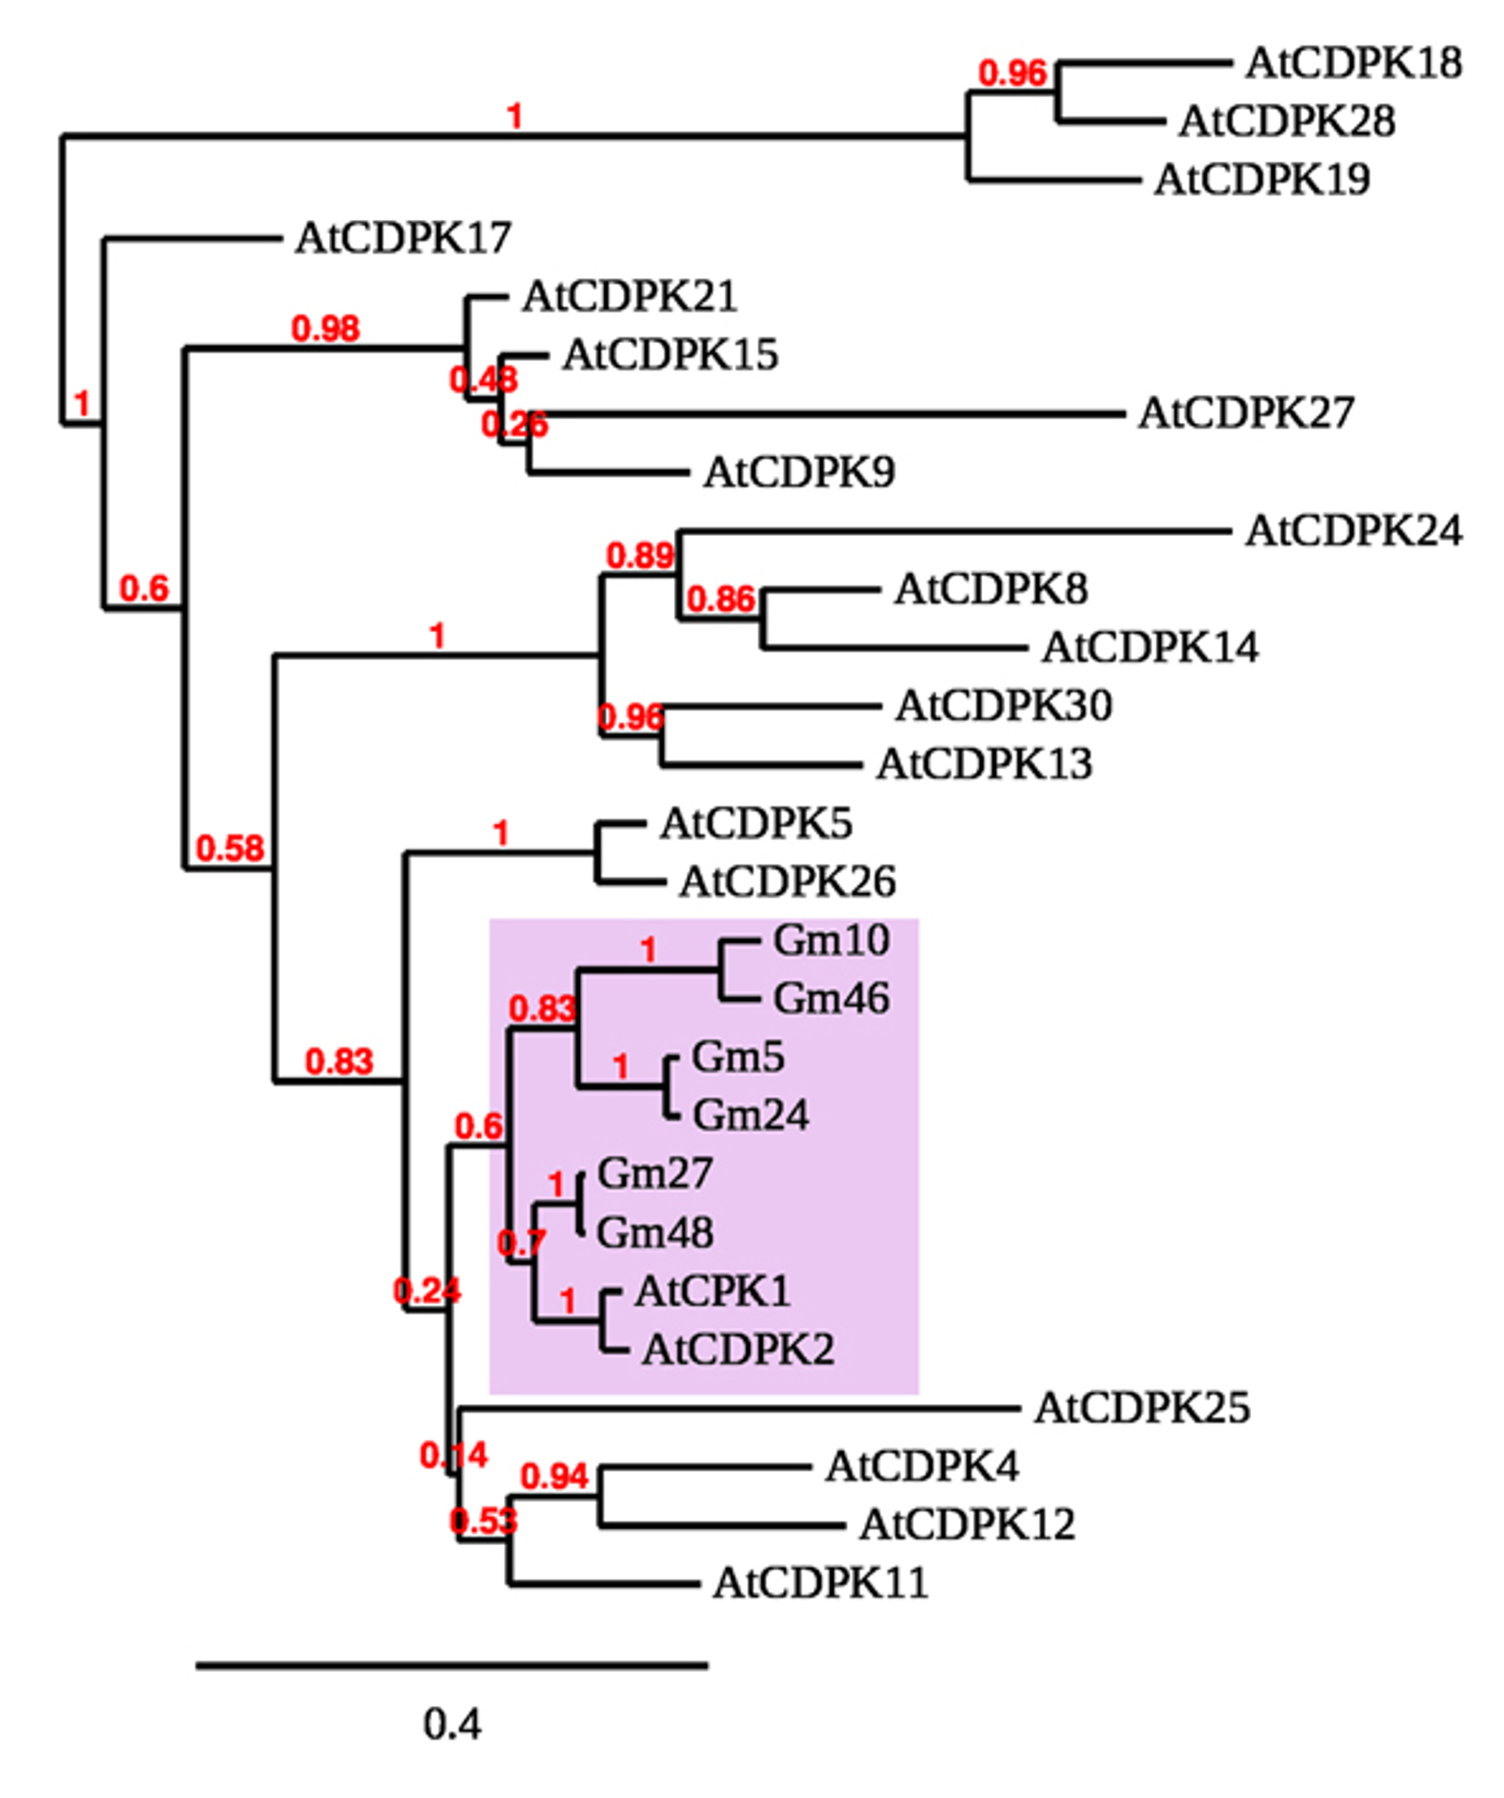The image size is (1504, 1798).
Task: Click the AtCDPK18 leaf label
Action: pos(1353,63)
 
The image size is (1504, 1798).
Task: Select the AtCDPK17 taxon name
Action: pos(402,237)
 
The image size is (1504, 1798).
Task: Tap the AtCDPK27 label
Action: pos(1245,413)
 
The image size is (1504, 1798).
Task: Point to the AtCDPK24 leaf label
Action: pos(1353,530)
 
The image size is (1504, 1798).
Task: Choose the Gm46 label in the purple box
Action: pos(830,998)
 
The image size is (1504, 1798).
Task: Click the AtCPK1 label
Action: pos(712,1290)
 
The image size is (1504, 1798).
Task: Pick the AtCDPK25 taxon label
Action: pos(1141,1407)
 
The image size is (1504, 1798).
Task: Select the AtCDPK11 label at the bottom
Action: pos(820,1583)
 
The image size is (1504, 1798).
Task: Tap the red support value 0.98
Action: pos(325,329)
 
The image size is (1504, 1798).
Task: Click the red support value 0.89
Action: pos(639,555)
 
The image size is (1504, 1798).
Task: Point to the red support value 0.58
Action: pos(229,849)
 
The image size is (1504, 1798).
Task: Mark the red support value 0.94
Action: pos(554,1477)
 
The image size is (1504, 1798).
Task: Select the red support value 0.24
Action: pos(427,1290)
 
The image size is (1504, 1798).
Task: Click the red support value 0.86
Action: pos(720,599)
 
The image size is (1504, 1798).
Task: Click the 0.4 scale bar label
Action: pos(451,1724)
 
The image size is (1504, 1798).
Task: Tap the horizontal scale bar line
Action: pos(451,1665)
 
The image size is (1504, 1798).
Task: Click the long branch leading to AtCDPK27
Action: pos(827,414)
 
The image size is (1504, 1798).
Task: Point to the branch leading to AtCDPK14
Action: pos(893,648)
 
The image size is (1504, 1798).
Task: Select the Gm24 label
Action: pos(750,1116)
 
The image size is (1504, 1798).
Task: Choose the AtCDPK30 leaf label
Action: pos(1003,705)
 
